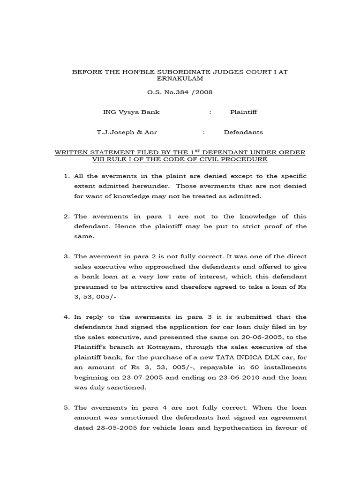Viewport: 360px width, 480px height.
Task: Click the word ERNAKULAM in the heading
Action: [180, 79]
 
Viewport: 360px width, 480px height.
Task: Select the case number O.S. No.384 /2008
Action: [180, 92]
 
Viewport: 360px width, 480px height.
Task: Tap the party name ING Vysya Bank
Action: [125, 112]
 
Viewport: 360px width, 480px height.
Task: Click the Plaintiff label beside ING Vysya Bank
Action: [243, 112]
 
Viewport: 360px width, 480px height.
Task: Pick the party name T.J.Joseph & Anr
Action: [127, 133]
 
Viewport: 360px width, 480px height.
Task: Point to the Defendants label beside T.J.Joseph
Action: [243, 133]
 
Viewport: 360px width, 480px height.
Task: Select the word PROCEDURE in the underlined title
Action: [245, 159]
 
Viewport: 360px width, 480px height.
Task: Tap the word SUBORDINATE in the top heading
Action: [168, 72]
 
